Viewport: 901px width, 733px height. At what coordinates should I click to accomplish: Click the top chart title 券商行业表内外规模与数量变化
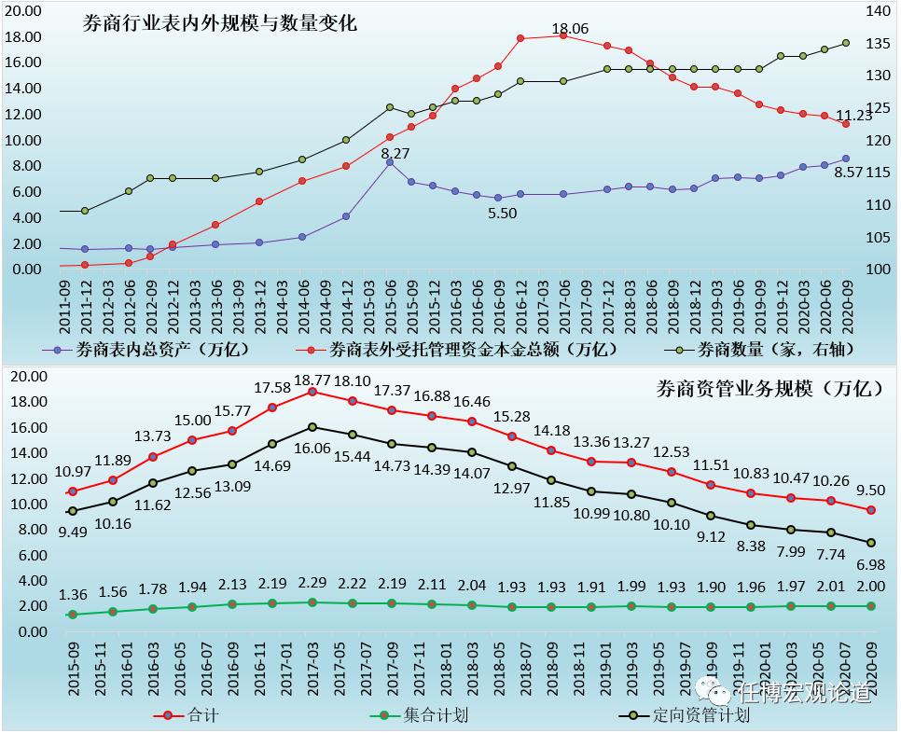220,24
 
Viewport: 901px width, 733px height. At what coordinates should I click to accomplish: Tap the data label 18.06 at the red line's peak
570,29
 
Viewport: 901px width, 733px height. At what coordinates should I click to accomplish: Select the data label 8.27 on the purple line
395,153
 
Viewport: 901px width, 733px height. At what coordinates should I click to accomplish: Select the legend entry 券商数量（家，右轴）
776,350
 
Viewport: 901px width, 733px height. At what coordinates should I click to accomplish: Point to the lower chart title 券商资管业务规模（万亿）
769,389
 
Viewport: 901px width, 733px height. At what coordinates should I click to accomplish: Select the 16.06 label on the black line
312,448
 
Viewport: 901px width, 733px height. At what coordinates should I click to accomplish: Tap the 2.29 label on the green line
312,583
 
